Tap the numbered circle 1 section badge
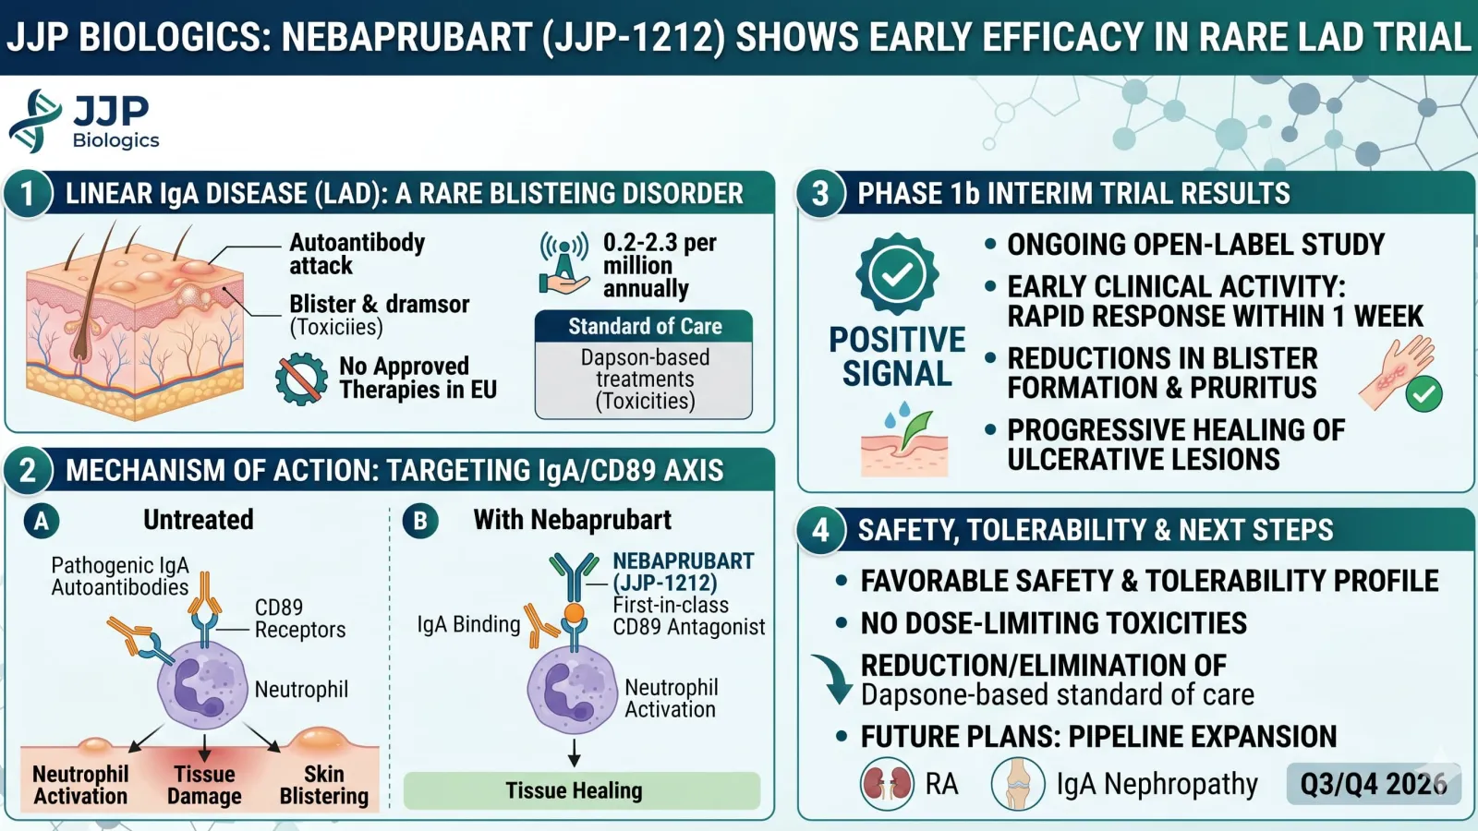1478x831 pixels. coord(28,194)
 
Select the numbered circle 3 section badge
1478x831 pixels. coord(820,194)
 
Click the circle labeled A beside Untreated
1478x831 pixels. coord(42,521)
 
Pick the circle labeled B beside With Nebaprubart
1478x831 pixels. coord(420,521)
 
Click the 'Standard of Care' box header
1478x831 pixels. coord(644,327)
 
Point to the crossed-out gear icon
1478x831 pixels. coord(301,379)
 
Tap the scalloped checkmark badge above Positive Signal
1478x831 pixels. coord(897,274)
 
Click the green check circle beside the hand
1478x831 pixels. coord(1423,393)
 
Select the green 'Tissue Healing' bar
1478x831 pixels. coord(582,790)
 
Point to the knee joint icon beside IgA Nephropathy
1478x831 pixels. coord(1018,784)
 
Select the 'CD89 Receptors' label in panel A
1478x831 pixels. coord(300,619)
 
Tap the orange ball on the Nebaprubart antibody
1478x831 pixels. coord(574,613)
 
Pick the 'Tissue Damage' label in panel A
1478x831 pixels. coord(204,785)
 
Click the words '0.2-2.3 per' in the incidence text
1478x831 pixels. coord(660,243)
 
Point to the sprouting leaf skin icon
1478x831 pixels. coord(904,440)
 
